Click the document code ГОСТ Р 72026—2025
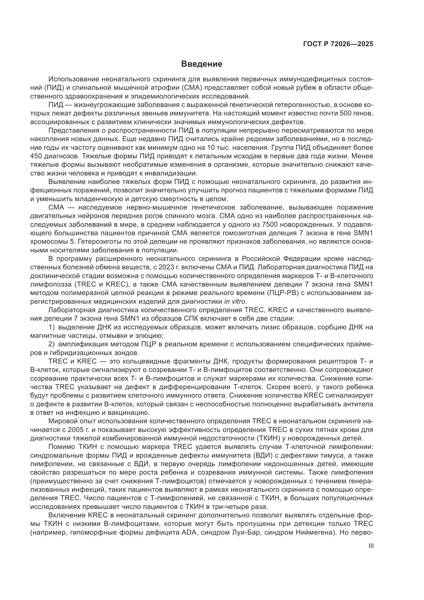coord(338,44)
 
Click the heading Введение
coord(201,64)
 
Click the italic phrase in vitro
coord(235,301)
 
